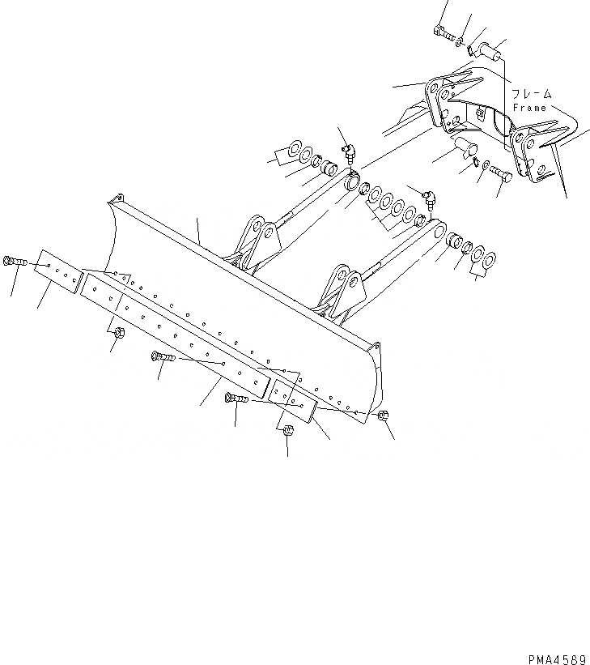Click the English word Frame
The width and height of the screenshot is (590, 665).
coord(530,107)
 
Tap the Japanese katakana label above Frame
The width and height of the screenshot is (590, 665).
coord(531,94)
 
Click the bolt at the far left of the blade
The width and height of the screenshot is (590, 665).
coord(15,262)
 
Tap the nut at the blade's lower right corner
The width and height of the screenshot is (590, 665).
coord(384,416)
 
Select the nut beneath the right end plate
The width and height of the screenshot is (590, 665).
coord(289,431)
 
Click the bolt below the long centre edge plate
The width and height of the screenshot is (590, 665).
coord(162,356)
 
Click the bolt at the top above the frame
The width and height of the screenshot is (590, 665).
coord(442,32)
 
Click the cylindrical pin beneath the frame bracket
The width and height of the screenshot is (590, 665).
coord(465,147)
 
